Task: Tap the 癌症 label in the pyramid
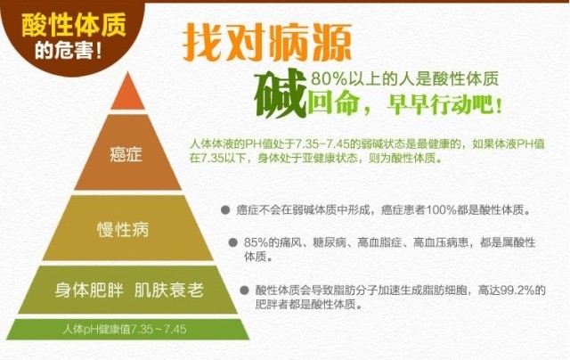pyautogui.click(x=126, y=154)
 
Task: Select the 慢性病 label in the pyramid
pyautogui.click(x=123, y=229)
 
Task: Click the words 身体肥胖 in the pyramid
pyautogui.click(x=89, y=290)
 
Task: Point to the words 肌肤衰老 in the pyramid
pyautogui.click(x=168, y=290)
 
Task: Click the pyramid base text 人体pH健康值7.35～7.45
pyautogui.click(x=125, y=330)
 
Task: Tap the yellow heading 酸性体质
pyautogui.click(x=74, y=25)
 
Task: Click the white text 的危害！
pyautogui.click(x=69, y=51)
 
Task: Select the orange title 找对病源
pyautogui.click(x=267, y=43)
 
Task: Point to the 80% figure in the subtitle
pyautogui.click(x=329, y=78)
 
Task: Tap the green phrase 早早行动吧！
pyautogui.click(x=444, y=105)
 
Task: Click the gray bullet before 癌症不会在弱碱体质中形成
pyautogui.click(x=225, y=209)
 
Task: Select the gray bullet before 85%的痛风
pyautogui.click(x=233, y=242)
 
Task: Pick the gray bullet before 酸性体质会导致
pyautogui.click(x=244, y=290)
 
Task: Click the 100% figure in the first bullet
pyautogui.click(x=441, y=210)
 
